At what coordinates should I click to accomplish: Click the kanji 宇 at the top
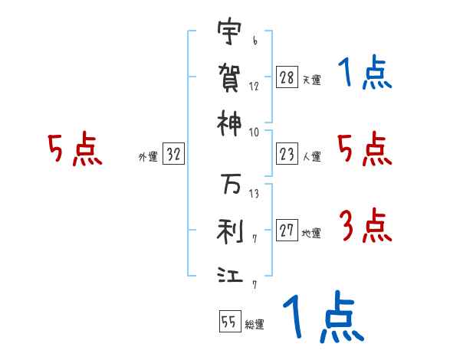[x=230, y=33]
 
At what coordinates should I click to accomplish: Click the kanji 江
[x=230, y=273]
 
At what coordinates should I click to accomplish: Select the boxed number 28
[x=287, y=77]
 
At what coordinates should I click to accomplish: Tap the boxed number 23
[x=287, y=154]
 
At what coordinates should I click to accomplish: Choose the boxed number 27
[x=287, y=231]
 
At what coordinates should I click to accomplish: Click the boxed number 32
[x=174, y=154]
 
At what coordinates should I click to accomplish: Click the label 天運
[x=311, y=80]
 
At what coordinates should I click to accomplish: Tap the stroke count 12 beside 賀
[x=253, y=87]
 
